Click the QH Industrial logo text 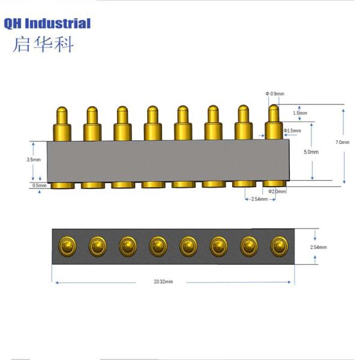tap(47, 24)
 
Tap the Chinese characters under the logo tap(43, 45)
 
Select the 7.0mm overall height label tap(343, 142)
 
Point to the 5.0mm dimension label tap(311, 152)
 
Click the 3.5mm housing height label tap(34, 160)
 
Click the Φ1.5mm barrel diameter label tap(292, 131)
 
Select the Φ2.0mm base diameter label tap(278, 191)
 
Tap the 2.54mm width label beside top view tap(318, 247)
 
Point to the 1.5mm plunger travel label tap(301, 113)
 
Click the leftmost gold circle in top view tap(66, 245)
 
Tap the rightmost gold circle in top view tap(278, 245)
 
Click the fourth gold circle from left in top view tap(157, 245)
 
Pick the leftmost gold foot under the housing tap(63, 185)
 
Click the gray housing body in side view tap(168, 160)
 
